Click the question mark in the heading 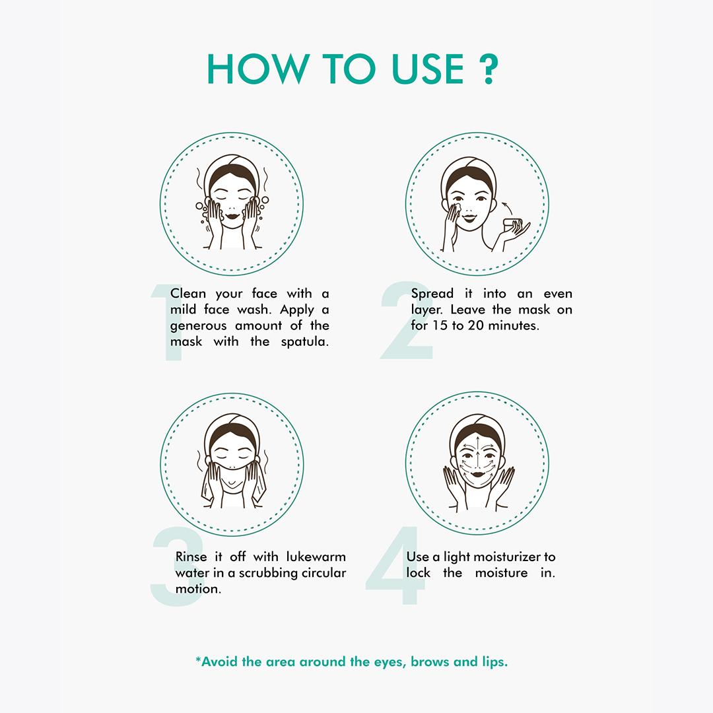click(x=489, y=69)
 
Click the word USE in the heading click(x=427, y=69)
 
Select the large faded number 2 click(x=406, y=321)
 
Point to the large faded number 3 click(x=178, y=566)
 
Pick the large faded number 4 click(x=395, y=565)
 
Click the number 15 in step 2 click(x=440, y=325)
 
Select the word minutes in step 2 click(x=514, y=325)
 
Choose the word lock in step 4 click(x=418, y=572)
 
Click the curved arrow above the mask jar click(x=508, y=208)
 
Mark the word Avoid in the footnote click(x=219, y=662)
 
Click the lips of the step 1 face click(x=232, y=215)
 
